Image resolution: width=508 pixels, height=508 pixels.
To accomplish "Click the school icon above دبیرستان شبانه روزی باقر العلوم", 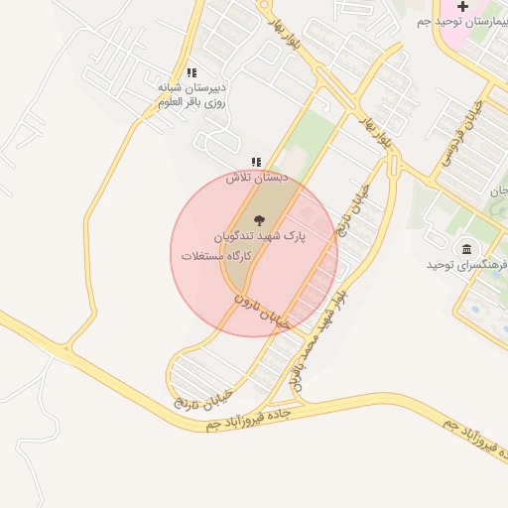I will point(191,73).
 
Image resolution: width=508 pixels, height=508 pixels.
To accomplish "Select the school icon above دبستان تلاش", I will point(256,162).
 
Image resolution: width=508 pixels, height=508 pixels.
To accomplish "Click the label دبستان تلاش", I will point(256,178).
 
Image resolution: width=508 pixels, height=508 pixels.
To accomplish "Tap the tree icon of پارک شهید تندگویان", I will point(260,220).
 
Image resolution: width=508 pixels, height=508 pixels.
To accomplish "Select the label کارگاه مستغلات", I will point(216,256).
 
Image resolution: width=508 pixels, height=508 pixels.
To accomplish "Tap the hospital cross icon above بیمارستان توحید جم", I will point(462,7).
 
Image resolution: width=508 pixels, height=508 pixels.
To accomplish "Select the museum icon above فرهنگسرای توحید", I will point(465,248).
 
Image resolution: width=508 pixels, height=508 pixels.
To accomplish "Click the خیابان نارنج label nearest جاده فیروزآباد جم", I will point(201,396).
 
